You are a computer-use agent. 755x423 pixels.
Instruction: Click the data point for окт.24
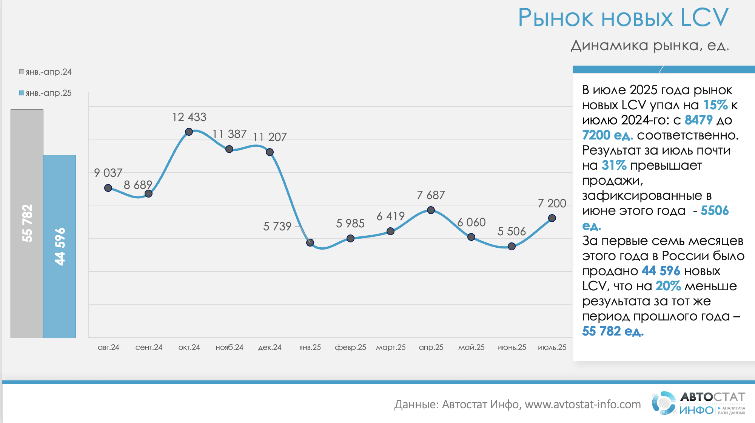coord(189,132)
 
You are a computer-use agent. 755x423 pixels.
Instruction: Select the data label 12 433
coord(189,117)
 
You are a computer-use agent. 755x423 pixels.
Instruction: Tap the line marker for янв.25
coord(310,242)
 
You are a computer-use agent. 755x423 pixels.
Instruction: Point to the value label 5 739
coord(277,226)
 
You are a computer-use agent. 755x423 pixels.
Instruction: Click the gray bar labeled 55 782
coord(27,224)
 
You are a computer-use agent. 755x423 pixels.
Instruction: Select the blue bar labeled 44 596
coord(60,247)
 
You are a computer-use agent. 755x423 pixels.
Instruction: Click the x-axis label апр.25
coord(431,347)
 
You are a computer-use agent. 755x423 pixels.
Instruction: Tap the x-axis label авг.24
coord(108,347)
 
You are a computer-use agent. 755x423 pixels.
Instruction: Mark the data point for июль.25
coord(552,218)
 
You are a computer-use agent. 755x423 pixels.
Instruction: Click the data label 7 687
coord(431,195)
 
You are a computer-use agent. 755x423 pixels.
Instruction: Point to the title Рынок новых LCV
coord(623,18)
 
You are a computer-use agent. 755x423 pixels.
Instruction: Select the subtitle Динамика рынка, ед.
coord(649,46)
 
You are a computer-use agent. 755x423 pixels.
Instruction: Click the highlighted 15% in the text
coord(715,105)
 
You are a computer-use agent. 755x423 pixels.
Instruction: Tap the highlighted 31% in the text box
coord(614,165)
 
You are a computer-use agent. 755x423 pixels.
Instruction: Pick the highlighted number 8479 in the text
coord(698,120)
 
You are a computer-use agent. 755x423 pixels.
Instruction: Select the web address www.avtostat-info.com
coord(582,405)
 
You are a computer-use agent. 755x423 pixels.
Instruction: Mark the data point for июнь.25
coord(512,246)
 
